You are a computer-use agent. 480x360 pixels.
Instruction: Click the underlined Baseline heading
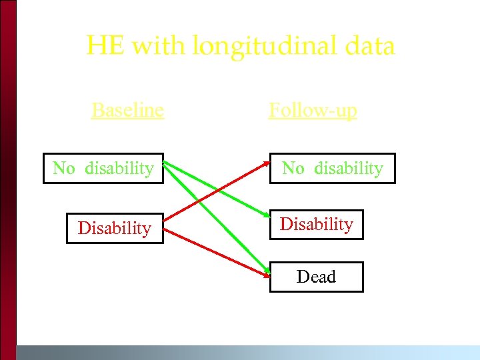127,109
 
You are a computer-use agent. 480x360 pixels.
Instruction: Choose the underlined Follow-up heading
313,109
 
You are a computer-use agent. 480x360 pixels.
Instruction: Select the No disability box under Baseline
103,168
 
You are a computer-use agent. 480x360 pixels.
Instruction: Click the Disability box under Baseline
115,228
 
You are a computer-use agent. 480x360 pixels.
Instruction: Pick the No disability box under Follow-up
332,168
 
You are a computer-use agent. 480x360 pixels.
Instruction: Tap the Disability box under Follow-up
316,224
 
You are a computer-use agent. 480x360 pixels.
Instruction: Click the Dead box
316,277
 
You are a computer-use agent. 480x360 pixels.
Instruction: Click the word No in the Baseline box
64,168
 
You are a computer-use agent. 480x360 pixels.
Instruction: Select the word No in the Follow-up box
293,168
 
